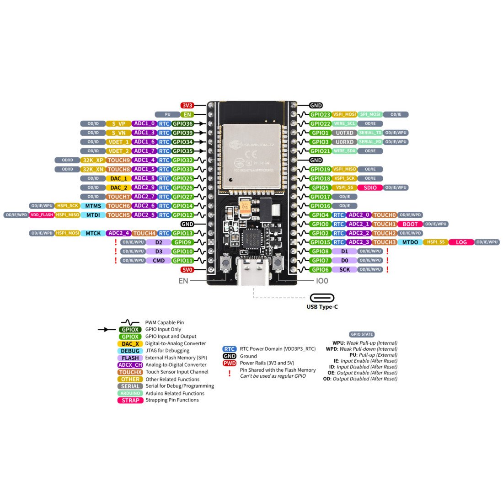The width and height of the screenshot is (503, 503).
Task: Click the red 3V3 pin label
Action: [187, 105]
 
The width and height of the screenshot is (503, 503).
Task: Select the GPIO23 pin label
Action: [320, 114]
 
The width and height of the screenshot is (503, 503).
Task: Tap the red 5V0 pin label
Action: [187, 270]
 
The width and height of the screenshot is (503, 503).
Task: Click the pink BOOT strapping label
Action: [410, 224]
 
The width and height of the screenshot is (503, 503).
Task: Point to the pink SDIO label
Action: [370, 187]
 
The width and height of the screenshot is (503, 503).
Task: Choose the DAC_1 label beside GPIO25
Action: [118, 178]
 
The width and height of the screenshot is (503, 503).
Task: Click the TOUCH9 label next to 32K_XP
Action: [118, 160]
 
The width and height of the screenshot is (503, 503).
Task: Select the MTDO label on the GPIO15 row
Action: [410, 242]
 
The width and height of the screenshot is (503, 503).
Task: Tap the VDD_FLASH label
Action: [42, 215]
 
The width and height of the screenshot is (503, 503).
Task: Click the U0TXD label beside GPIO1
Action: [344, 133]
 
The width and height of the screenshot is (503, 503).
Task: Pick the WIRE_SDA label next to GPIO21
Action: [344, 151]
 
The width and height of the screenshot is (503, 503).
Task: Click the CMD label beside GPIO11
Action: [159, 261]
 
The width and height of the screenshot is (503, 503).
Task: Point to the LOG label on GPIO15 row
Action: [461, 242]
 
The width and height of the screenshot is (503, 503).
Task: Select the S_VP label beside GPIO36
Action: [118, 123]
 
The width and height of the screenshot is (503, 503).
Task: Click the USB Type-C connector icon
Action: [322, 298]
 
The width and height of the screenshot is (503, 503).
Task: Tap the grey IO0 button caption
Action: [322, 281]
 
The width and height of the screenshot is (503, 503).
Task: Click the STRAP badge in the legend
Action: [130, 400]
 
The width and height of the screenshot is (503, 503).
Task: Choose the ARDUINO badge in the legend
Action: [130, 393]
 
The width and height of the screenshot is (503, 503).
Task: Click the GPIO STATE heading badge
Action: [361, 334]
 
